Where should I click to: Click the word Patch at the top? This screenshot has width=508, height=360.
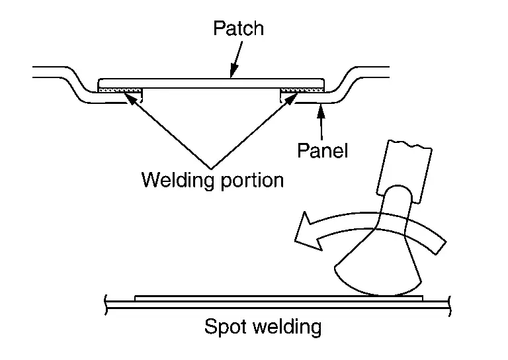(x=238, y=28)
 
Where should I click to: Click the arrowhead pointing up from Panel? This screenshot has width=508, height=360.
(x=321, y=109)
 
